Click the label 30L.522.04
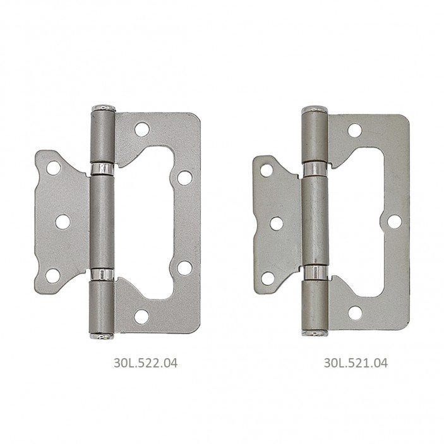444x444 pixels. click(x=146, y=363)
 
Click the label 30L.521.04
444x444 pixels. click(x=356, y=363)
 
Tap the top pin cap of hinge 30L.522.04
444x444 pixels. click(x=104, y=107)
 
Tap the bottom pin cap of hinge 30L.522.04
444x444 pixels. click(x=102, y=336)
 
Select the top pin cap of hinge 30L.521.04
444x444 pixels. click(x=315, y=109)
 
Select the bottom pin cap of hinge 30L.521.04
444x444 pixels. click(x=315, y=333)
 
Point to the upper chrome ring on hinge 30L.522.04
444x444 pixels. click(x=102, y=169)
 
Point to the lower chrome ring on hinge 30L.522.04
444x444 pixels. click(x=102, y=274)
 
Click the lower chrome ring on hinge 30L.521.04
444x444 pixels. click(x=315, y=272)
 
